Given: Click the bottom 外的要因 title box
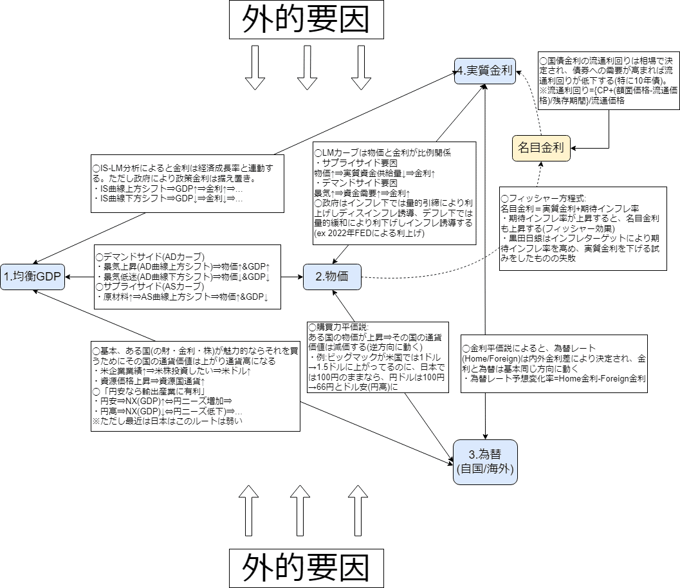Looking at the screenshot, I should point(306,568).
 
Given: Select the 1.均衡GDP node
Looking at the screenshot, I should point(32,277).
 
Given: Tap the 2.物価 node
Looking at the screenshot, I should point(331,277).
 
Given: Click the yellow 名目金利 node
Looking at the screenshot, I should point(540,147).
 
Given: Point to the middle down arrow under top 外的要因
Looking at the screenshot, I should point(307,67).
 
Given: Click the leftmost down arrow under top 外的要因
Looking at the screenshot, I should point(255,67).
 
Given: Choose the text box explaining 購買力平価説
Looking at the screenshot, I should point(375,357).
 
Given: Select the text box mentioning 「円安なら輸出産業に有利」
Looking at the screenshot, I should point(196,385).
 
